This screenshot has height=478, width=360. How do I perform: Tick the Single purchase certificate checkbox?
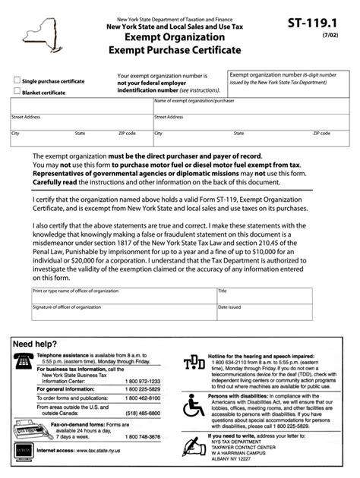click(17, 80)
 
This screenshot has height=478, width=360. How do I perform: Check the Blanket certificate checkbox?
click(17, 91)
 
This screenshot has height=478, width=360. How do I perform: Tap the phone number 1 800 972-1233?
click(144, 381)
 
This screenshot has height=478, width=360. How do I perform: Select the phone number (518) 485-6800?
click(145, 413)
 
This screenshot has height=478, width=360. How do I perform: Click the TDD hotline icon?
click(194, 365)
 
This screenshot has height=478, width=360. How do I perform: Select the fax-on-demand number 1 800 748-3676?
click(144, 437)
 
